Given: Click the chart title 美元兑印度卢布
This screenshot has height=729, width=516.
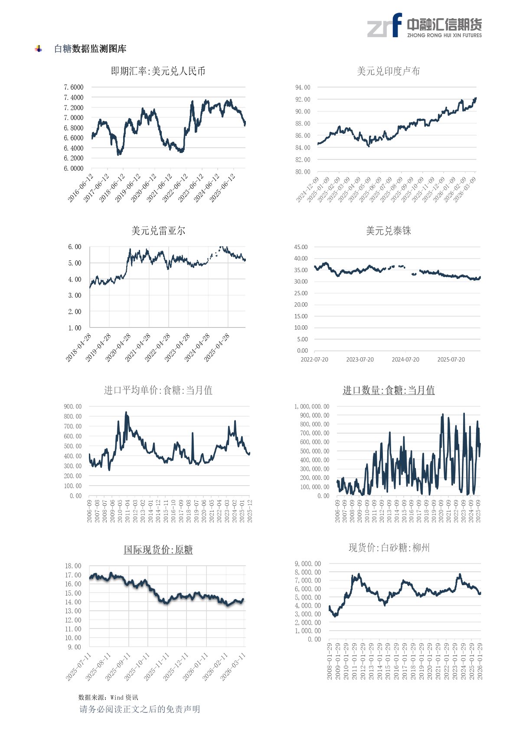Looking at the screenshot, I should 388,71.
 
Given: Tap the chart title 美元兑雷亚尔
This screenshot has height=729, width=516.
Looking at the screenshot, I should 158,231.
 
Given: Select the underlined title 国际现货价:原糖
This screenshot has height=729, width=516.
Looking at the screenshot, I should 158,550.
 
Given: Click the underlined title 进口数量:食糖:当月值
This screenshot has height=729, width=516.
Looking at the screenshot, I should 389,390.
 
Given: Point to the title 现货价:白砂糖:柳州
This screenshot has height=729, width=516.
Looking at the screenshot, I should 389,548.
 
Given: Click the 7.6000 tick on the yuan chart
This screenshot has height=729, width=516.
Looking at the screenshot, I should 74,87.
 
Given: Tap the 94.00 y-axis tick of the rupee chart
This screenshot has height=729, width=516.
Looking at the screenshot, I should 303,87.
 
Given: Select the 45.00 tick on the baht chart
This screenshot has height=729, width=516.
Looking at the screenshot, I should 301,247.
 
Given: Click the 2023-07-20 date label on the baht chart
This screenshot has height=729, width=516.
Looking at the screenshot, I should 359,360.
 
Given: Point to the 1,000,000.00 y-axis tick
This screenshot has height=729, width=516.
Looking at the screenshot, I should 312,406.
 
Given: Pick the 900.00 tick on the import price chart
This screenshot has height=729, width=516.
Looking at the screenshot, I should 73,406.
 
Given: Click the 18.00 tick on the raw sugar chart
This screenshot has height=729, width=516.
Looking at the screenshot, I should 73,566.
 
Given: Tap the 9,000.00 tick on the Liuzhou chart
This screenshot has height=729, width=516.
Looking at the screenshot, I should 308,564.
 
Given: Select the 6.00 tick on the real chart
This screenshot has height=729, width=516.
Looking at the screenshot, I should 75,247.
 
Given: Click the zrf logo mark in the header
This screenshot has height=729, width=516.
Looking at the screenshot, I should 385,26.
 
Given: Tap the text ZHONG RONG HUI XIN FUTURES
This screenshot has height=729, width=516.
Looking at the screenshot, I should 444,35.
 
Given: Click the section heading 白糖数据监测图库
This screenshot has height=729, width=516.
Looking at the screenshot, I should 90,49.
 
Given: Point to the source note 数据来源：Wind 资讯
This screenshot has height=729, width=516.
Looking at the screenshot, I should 108,697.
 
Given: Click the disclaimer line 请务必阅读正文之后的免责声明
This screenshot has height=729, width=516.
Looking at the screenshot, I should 140,709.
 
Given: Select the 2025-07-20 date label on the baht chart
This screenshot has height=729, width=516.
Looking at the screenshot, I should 451,360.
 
